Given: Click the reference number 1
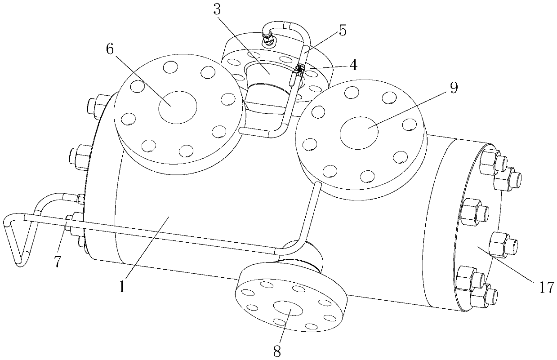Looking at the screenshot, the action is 122,286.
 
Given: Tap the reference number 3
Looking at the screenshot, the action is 217,9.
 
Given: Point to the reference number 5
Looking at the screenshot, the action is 342,31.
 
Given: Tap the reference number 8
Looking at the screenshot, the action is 277,351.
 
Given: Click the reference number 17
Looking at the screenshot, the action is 547,287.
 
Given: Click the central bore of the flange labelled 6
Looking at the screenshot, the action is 178,107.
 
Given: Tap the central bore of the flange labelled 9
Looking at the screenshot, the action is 359,133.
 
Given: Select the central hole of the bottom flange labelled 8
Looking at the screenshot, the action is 288,308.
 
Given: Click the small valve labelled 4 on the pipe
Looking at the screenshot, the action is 297,73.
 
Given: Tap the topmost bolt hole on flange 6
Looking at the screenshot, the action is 170,67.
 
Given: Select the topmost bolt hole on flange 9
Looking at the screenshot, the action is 352,93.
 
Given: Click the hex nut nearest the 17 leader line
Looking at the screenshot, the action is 503,245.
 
